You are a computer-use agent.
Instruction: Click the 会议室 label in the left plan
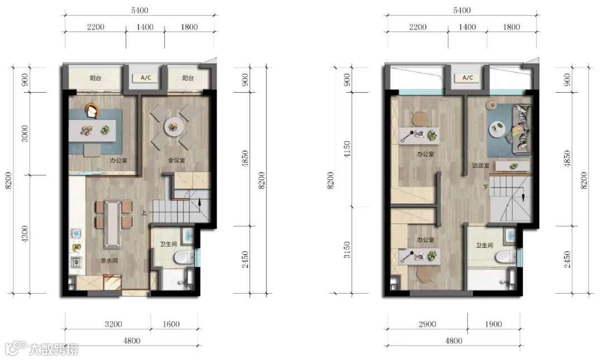pos(176,160)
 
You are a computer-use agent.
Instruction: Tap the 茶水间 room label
pos(109,261)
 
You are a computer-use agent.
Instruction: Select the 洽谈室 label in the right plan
pos(481,165)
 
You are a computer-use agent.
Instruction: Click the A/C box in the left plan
pos(146,78)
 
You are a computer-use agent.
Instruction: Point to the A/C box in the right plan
pos(468,78)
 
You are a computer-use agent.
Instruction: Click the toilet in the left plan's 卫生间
pos(184,257)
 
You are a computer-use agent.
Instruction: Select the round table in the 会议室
pos(174,127)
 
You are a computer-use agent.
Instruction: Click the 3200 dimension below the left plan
pos(113,324)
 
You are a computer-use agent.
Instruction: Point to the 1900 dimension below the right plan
pos(494,324)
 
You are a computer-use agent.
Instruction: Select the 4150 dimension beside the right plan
pos(347,149)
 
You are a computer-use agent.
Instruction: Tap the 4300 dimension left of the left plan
pos(25,234)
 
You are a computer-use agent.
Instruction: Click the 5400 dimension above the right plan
pos(462,10)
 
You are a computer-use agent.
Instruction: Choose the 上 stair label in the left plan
pos(144,212)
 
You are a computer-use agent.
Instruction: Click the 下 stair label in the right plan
pos(485,188)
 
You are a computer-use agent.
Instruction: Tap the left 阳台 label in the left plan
pos(95,78)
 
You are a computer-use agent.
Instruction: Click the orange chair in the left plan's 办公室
pos(92,111)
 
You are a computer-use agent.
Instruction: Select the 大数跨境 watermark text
pos(54,349)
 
